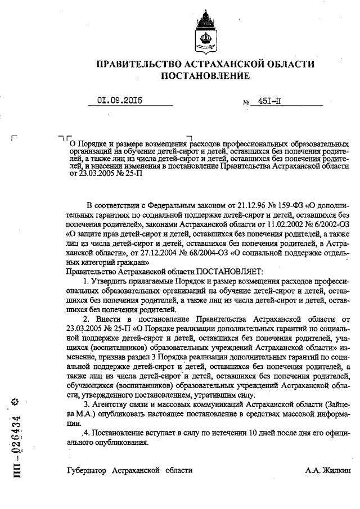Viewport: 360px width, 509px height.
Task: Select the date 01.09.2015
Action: tap(120, 101)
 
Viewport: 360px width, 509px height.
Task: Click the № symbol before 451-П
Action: tap(246, 103)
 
